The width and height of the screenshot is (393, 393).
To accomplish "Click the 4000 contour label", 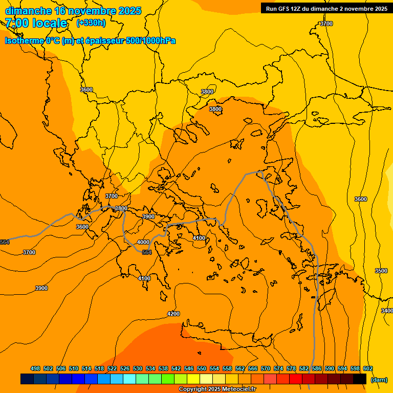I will [143, 242].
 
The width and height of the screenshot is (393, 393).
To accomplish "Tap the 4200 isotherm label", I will [173, 314].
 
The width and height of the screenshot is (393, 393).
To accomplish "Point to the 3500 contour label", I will [381, 271].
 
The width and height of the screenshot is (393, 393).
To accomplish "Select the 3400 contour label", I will [387, 311].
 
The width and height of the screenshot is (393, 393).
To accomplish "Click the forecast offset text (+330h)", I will [91, 23].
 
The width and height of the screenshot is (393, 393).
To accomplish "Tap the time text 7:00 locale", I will [36, 23].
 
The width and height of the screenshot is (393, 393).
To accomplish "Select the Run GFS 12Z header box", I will [326, 8].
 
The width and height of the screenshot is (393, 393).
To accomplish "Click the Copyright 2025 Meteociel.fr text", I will [217, 389].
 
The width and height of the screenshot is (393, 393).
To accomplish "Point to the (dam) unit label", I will [379, 379].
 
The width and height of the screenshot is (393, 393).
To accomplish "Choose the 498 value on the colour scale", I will [35, 368].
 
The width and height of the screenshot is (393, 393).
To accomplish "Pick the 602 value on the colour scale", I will [368, 368].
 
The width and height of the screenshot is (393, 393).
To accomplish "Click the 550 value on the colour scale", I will [202, 368].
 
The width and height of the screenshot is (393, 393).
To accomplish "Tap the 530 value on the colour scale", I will [138, 368].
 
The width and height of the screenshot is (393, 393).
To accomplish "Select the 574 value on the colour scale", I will [278, 368].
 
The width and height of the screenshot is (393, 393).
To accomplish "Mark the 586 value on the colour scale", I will [317, 368].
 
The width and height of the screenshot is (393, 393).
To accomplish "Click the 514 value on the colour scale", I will [86, 368].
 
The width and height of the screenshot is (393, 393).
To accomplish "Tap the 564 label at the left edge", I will [5, 242].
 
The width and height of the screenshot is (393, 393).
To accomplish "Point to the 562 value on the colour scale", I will [240, 368].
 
